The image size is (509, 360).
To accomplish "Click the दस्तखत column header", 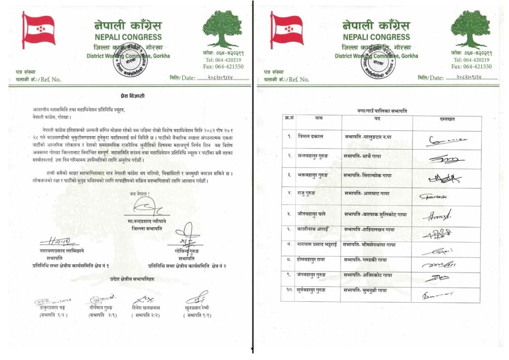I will pos(447,119).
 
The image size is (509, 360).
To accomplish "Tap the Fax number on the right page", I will pos(471,67).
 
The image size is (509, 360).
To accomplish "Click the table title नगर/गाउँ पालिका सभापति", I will pos(382,110).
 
